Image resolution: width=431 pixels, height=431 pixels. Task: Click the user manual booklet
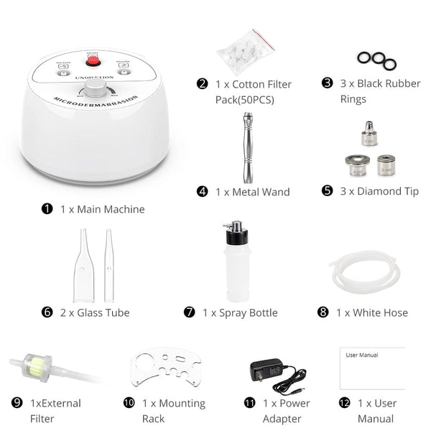coord(371,368)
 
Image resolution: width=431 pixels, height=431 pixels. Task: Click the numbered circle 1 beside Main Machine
coord(47,209)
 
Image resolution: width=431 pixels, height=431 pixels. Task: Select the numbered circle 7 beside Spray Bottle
coord(190,312)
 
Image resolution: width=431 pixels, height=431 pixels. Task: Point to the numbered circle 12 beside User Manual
coord(345,403)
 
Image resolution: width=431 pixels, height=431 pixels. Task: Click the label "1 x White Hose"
coord(371,312)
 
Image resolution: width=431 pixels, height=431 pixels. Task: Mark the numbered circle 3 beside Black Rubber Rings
coord(327,83)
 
